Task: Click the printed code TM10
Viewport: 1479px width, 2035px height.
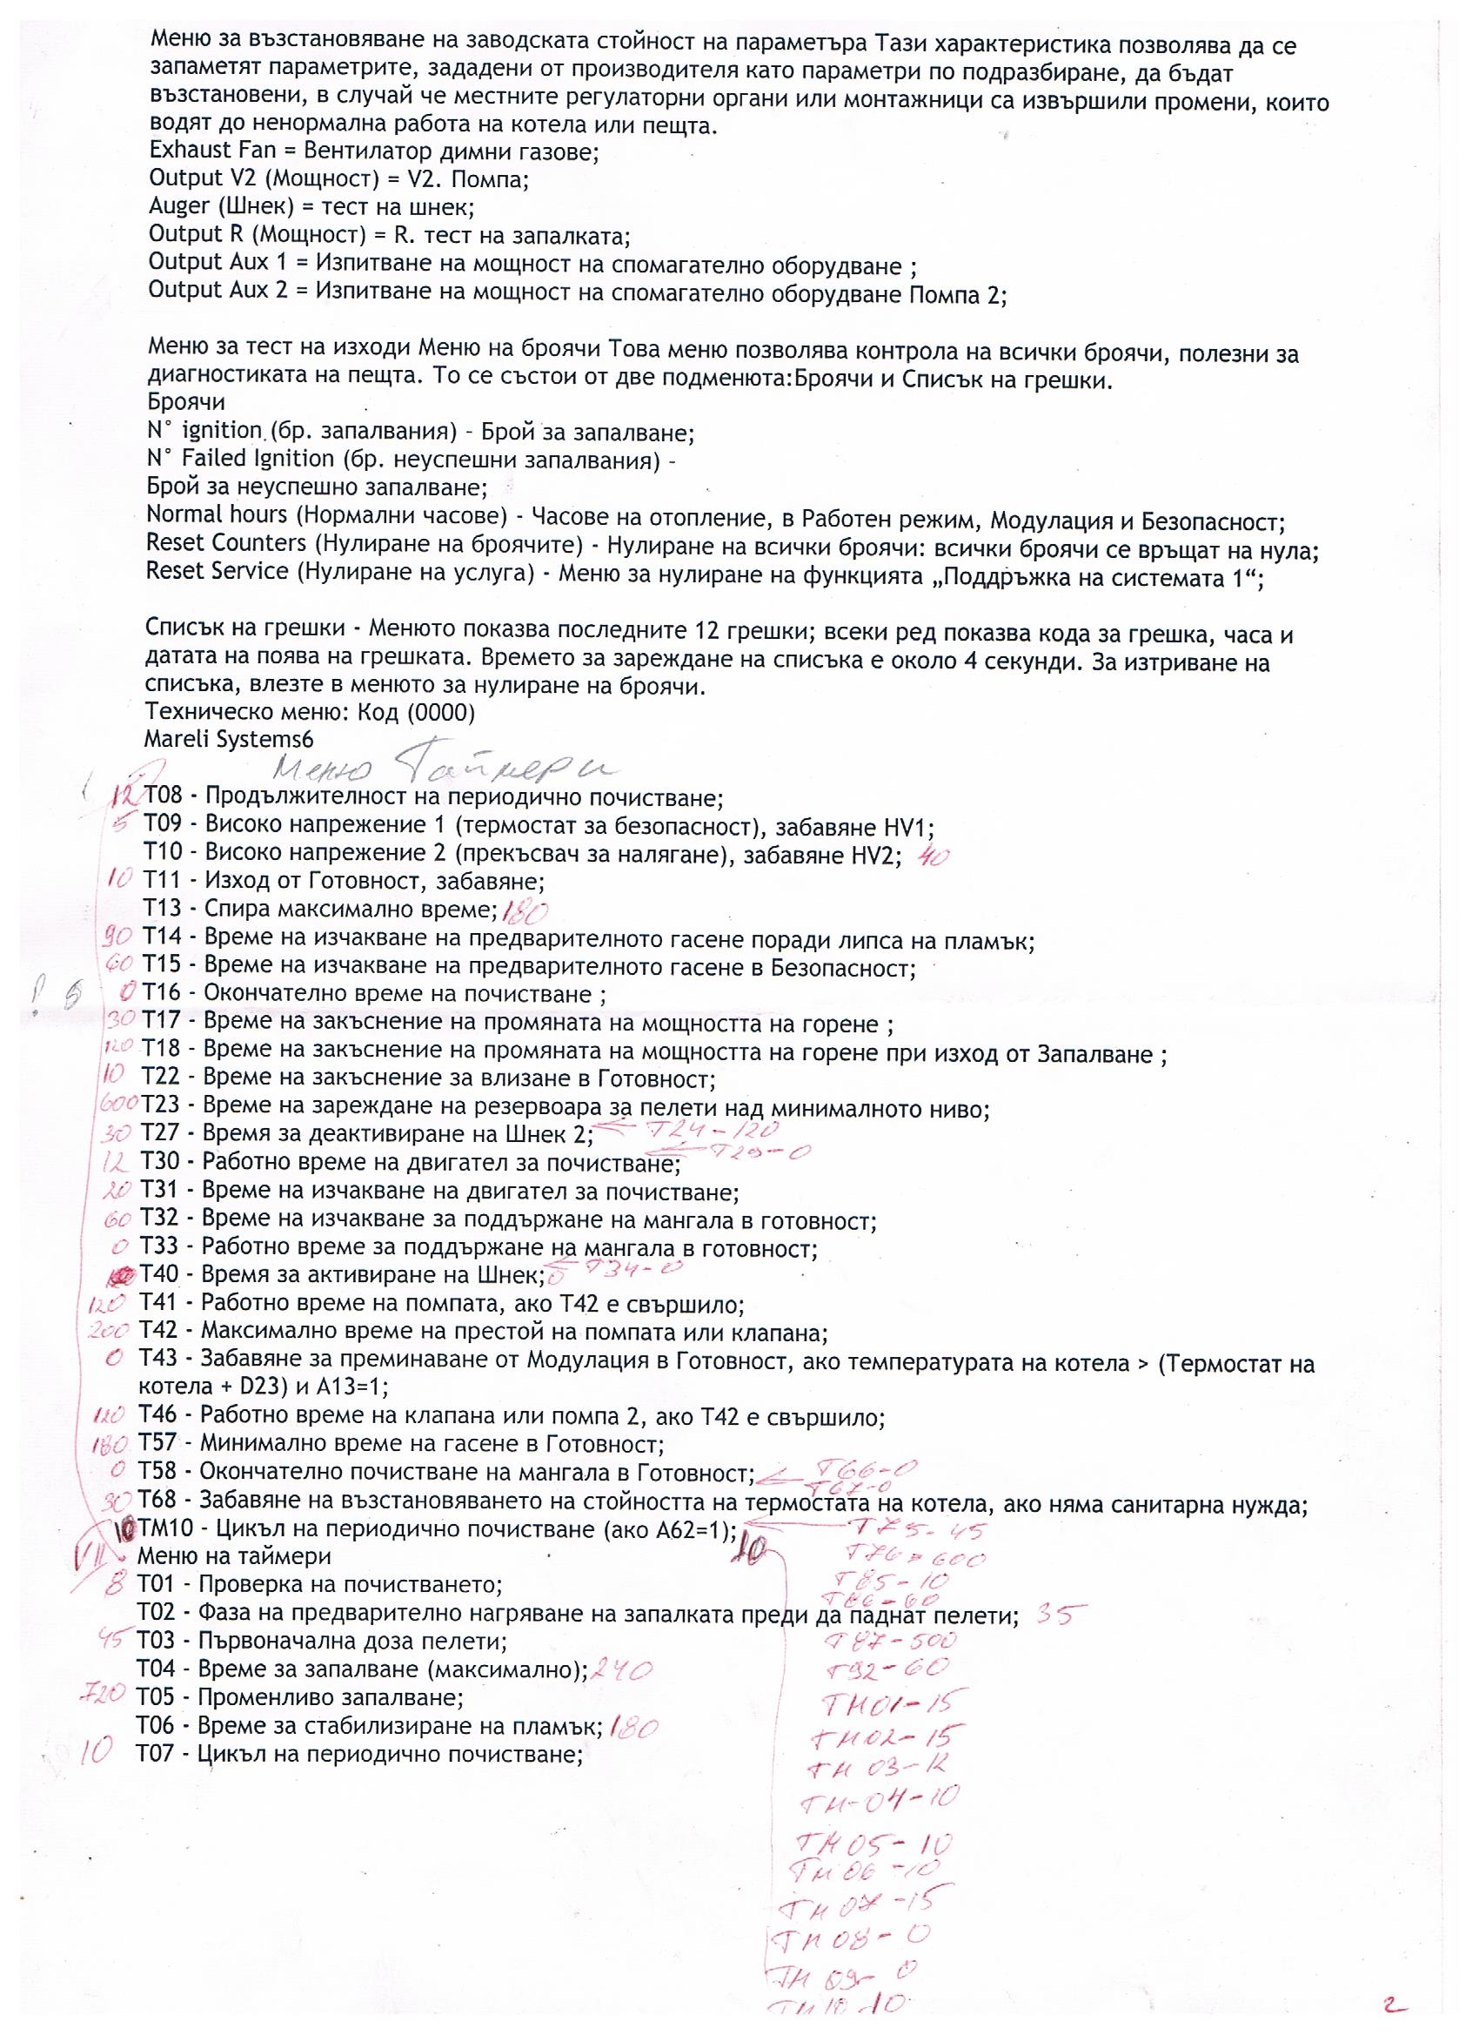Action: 165,1528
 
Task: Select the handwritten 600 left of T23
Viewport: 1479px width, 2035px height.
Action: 119,1103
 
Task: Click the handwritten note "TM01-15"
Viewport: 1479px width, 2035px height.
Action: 893,1702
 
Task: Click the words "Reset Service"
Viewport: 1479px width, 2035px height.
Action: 217,572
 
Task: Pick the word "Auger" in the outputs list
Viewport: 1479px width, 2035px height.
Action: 179,206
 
